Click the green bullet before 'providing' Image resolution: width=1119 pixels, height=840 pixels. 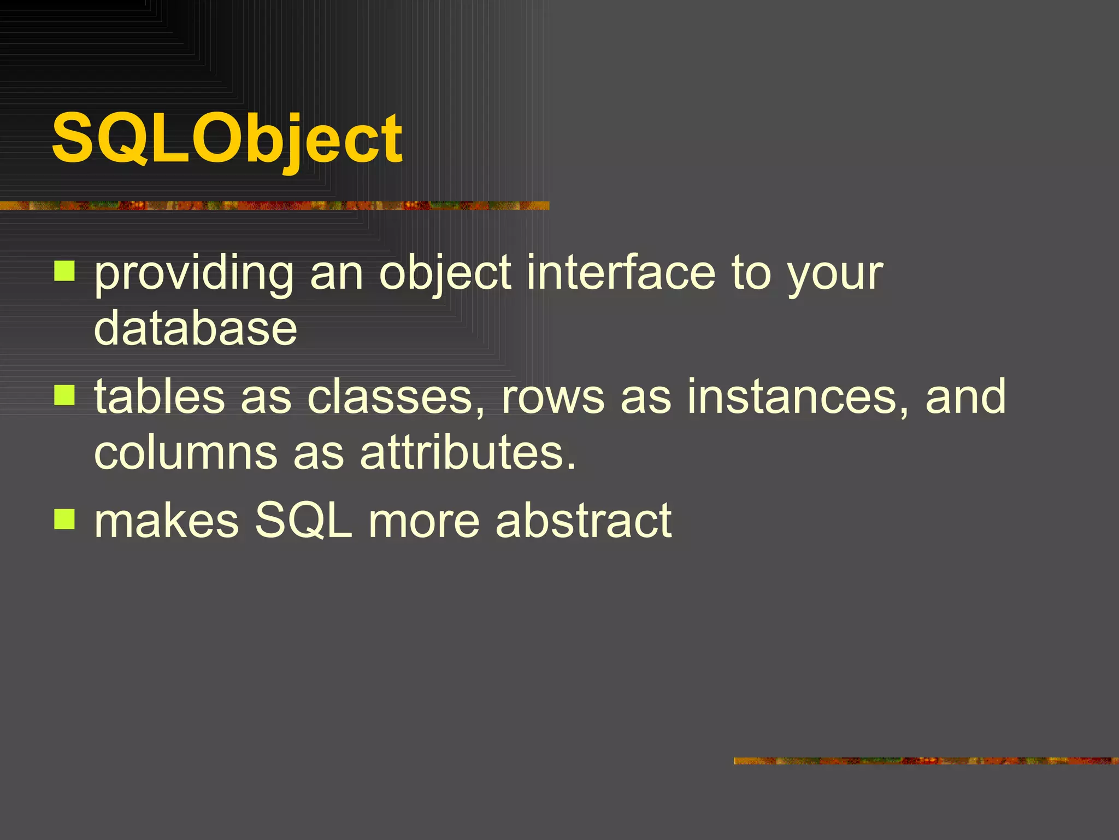pyautogui.click(x=64, y=271)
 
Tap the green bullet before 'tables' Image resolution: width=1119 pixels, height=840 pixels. pyautogui.click(x=64, y=395)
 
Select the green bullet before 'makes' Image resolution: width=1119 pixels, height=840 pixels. pyautogui.click(x=64, y=519)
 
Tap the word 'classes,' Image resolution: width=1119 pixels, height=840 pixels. pyautogui.click(x=396, y=397)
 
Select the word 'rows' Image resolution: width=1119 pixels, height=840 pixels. pyautogui.click(x=553, y=398)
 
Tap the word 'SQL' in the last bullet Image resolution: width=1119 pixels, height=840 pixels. pyautogui.click(x=304, y=521)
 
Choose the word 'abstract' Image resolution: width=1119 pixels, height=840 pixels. pyautogui.click(x=583, y=521)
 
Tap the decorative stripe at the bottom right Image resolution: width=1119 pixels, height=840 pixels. pyautogui.click(x=926, y=761)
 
